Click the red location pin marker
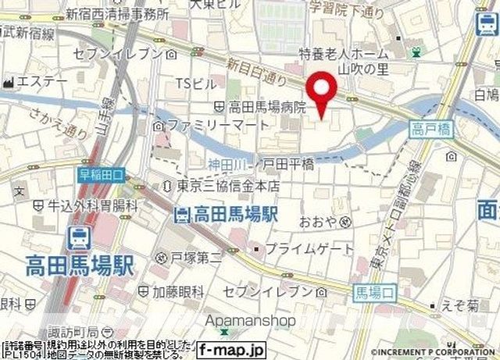pos(320,92)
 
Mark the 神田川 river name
pos(227,163)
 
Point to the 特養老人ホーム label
pos(344,53)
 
